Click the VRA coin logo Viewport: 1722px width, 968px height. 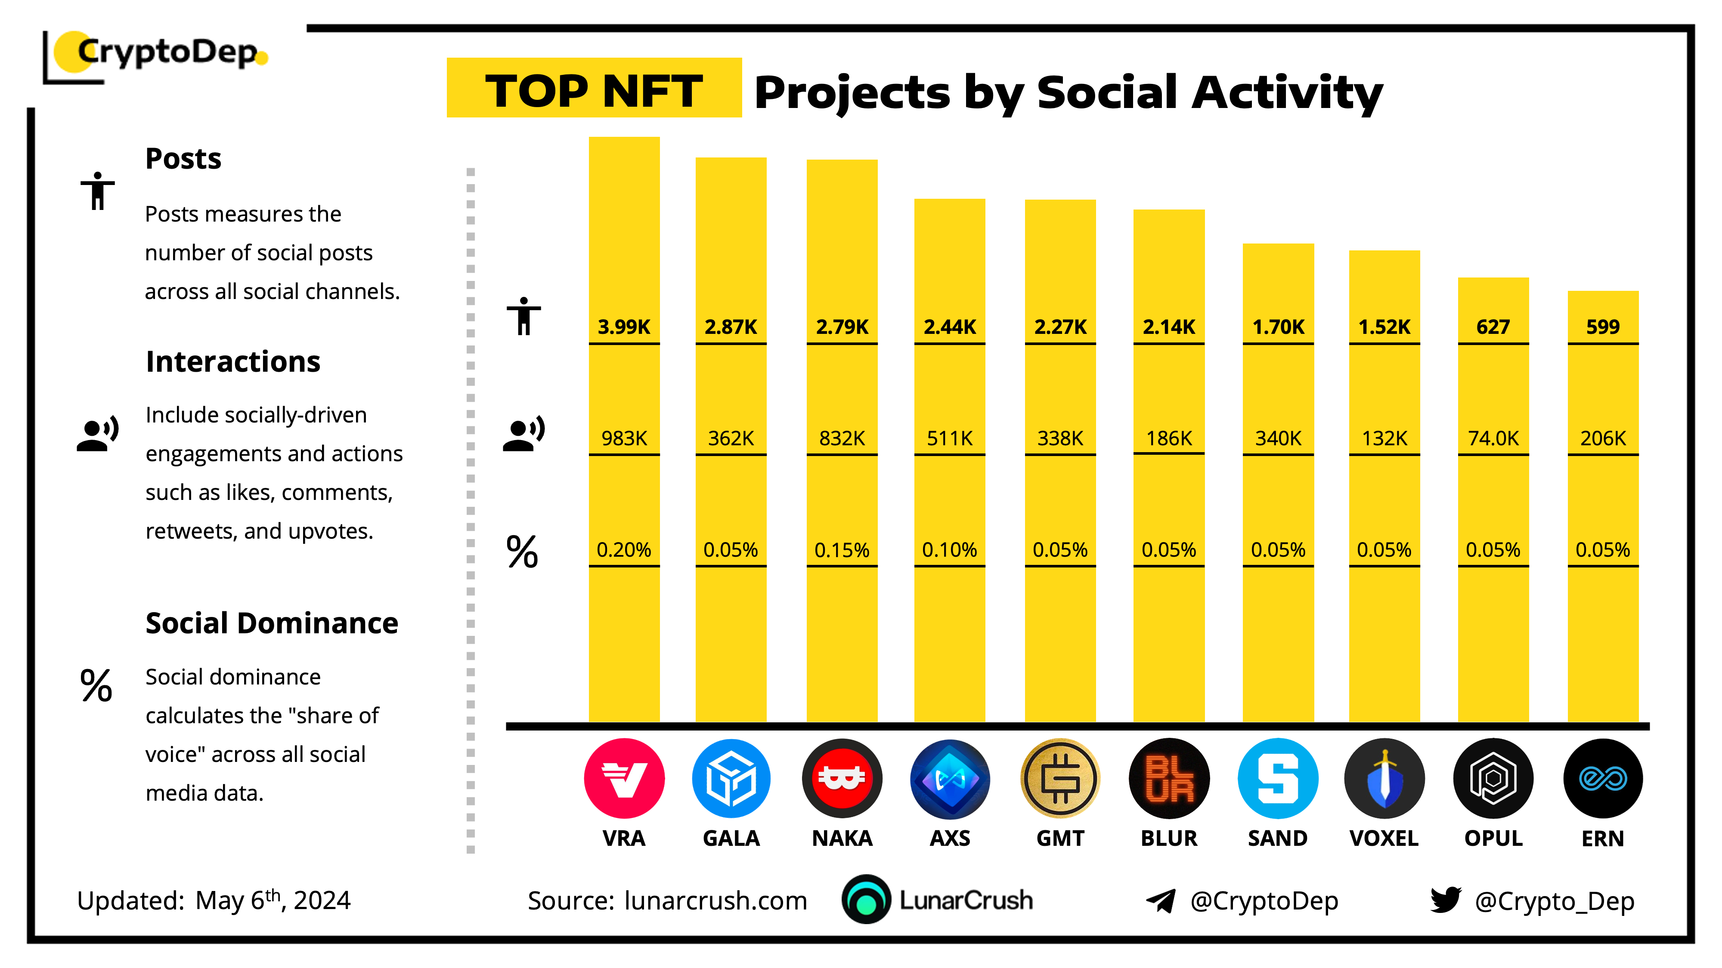point(624,778)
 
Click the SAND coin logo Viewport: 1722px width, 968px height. point(1277,778)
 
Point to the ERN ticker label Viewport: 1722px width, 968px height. point(1602,839)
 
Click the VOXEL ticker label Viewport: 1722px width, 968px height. point(1384,839)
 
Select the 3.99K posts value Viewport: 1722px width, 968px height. point(624,327)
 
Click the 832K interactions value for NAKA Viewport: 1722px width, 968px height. point(842,438)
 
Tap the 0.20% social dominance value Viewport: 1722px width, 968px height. point(624,550)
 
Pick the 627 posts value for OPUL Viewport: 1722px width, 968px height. point(1493,327)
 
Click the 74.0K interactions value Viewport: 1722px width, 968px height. point(1493,438)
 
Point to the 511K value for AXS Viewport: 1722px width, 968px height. point(949,438)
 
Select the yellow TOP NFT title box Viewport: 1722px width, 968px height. point(594,88)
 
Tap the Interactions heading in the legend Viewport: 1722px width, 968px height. point(232,361)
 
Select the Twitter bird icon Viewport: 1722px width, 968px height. point(1445,900)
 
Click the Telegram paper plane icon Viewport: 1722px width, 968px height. point(1161,900)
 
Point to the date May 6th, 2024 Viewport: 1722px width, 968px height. point(273,900)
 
